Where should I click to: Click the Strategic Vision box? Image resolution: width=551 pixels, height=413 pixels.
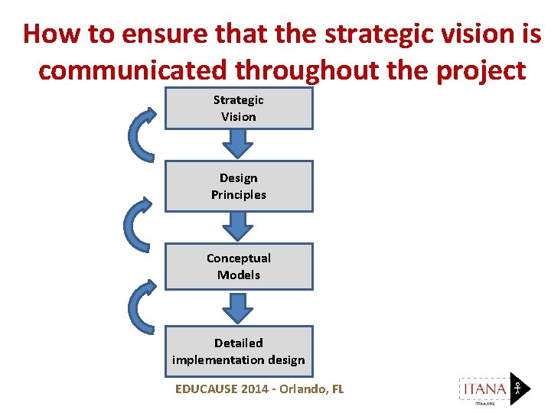(x=239, y=108)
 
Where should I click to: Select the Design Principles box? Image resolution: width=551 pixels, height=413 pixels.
(x=239, y=186)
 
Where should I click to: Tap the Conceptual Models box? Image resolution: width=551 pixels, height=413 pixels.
(x=239, y=266)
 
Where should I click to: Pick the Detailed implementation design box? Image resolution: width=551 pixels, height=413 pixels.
(x=239, y=351)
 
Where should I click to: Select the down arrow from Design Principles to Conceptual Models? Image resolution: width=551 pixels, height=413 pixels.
(x=239, y=226)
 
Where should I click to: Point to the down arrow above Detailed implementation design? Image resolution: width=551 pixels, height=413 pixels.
(x=239, y=307)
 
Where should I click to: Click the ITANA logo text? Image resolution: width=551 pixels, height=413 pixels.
(x=484, y=389)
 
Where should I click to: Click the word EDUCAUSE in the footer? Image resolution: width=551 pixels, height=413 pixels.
(x=206, y=389)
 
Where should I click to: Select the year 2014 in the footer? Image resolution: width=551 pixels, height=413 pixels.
(x=255, y=389)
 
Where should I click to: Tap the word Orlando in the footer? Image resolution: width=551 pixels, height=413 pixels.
(x=300, y=389)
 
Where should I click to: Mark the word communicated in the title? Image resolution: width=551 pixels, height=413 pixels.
(x=132, y=70)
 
